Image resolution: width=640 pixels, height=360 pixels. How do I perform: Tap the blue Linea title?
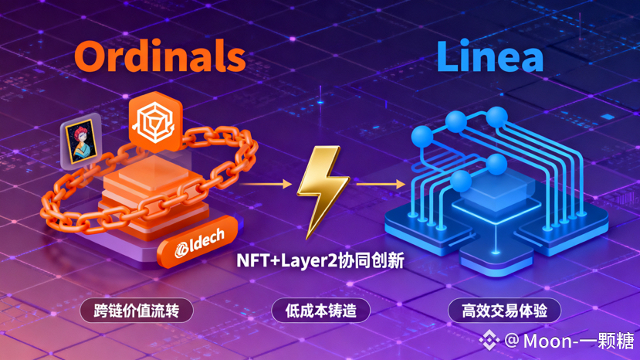489,56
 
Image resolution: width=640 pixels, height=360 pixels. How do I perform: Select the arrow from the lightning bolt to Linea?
380,184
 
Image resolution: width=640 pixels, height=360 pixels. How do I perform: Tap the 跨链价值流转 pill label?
136,311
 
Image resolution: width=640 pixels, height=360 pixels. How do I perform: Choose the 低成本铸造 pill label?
320,311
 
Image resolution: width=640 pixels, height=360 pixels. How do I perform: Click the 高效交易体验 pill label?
504,311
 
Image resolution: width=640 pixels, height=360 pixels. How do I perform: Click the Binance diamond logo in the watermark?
488,340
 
